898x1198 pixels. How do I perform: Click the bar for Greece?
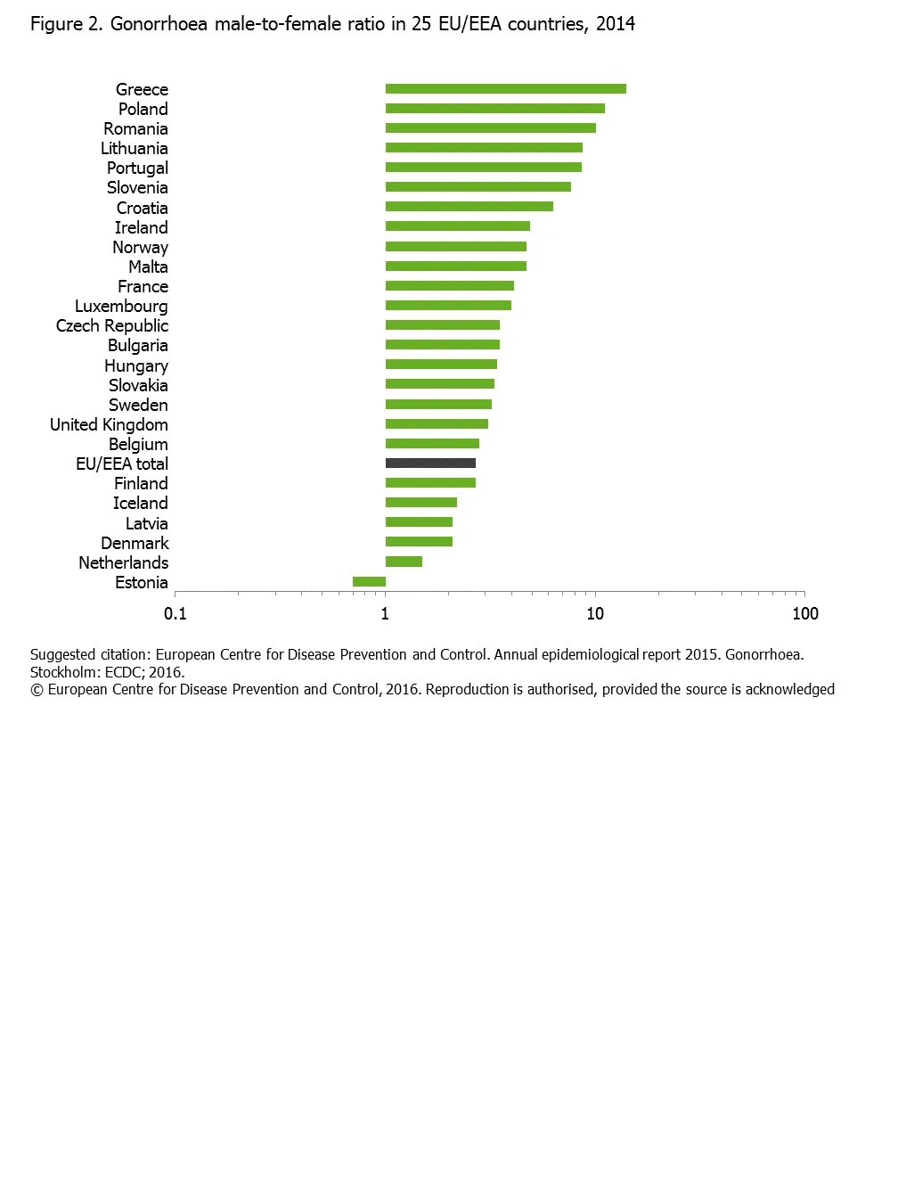(505, 88)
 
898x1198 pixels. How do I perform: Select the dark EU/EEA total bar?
(430, 464)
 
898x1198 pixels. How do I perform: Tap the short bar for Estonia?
(369, 582)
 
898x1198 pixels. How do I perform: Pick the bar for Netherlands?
(404, 562)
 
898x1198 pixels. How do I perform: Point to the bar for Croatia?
(469, 207)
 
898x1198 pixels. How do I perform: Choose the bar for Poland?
(494, 109)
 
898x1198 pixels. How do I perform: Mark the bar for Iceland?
(420, 503)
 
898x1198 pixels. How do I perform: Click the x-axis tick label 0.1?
(176, 613)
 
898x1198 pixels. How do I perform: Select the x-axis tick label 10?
(595, 613)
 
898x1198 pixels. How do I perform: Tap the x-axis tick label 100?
(805, 613)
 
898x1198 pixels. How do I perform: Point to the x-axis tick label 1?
(385, 613)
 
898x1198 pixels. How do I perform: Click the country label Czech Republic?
(112, 325)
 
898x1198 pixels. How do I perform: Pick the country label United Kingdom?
(109, 424)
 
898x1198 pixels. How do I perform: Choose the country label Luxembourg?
(121, 306)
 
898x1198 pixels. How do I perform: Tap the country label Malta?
(148, 267)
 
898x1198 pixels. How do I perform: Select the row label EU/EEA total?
(122, 464)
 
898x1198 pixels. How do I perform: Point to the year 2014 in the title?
(616, 24)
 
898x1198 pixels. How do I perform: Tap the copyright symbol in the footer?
(37, 690)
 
